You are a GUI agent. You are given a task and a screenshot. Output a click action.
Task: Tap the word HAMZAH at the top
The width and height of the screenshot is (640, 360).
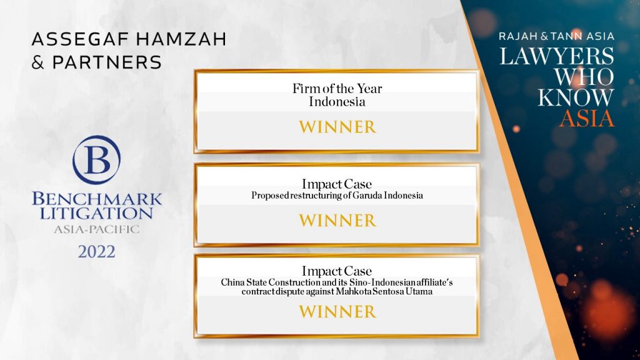pyautogui.click(x=181, y=39)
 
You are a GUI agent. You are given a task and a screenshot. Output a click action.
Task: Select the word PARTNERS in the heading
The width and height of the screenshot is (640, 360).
pyautogui.click(x=107, y=62)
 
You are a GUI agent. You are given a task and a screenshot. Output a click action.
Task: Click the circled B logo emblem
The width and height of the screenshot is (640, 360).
pyautogui.click(x=96, y=159)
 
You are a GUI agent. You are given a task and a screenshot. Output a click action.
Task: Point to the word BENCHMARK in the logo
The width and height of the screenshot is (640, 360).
pyautogui.click(x=97, y=199)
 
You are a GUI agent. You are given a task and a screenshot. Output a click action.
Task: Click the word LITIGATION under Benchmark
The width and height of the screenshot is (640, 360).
pyautogui.click(x=96, y=213)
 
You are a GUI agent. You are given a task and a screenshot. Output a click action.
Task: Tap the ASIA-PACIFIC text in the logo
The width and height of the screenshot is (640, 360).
pyautogui.click(x=97, y=229)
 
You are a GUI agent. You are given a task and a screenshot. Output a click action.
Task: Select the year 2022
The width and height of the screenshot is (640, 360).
pyautogui.click(x=97, y=252)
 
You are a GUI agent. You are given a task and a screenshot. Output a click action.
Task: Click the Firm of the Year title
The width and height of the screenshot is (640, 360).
pyautogui.click(x=337, y=89)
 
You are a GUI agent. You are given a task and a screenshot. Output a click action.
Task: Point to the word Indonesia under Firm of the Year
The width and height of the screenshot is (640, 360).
pyautogui.click(x=337, y=102)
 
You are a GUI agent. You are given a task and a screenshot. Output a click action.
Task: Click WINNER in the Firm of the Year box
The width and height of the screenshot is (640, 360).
pyautogui.click(x=337, y=127)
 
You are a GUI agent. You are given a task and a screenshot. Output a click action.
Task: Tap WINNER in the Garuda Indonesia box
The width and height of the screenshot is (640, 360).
pyautogui.click(x=337, y=221)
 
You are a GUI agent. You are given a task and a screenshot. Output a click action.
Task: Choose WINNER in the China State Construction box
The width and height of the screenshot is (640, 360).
pyautogui.click(x=337, y=312)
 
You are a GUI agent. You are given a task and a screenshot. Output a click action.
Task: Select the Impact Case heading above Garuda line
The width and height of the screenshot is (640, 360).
pyautogui.click(x=337, y=184)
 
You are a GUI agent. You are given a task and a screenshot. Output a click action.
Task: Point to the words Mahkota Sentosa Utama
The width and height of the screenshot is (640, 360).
pyautogui.click(x=384, y=291)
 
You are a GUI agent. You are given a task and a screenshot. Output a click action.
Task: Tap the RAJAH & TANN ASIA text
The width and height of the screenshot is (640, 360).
pyautogui.click(x=556, y=36)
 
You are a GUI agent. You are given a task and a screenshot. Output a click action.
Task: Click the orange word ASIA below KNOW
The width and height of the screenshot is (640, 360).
pyautogui.click(x=587, y=118)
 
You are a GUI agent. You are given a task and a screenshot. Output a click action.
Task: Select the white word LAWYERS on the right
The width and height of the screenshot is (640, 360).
pyautogui.click(x=557, y=56)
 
